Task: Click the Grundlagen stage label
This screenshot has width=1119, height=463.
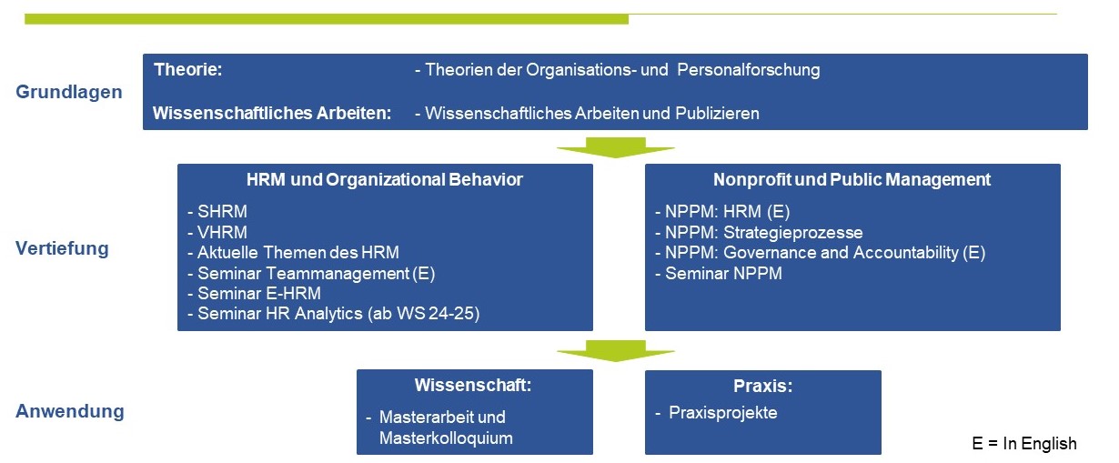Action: pos(69,92)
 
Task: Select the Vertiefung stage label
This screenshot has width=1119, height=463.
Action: pos(62,248)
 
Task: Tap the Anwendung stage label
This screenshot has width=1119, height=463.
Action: pos(70,411)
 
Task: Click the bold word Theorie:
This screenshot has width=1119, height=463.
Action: pos(187,69)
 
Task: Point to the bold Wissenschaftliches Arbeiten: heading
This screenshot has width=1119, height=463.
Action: pos(272,114)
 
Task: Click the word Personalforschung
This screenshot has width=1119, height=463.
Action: pos(749,70)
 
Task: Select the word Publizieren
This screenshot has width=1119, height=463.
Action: pos(717,114)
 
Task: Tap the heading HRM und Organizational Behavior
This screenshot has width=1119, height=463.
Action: pos(384,180)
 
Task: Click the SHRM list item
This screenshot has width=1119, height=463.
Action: pos(222,212)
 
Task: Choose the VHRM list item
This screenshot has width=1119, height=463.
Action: pos(222,233)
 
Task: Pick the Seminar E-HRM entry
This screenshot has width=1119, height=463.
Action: pos(258,293)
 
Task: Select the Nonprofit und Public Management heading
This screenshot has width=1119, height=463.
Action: pos(852,180)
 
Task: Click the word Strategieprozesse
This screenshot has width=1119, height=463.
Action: pos(792,233)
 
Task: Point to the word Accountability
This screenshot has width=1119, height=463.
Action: pos(906,253)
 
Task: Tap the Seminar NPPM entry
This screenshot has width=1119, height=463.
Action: pos(723,274)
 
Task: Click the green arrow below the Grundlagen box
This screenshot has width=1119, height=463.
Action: pos(615,148)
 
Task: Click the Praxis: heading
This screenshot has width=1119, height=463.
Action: pos(762,386)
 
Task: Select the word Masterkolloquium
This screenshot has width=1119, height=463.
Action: pos(446,438)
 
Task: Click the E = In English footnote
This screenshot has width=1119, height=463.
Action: pos(1024,444)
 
